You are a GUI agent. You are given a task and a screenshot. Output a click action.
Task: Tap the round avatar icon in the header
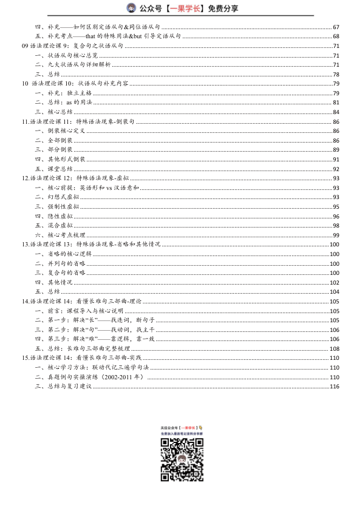[131, 8]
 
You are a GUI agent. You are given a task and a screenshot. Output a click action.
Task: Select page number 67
[335, 27]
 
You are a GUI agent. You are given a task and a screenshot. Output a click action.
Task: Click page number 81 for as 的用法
[335, 102]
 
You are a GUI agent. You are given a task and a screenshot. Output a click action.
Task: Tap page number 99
[335, 234]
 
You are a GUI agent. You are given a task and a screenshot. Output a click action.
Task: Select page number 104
[334, 291]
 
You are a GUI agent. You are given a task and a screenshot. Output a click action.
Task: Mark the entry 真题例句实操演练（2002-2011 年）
[95, 377]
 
